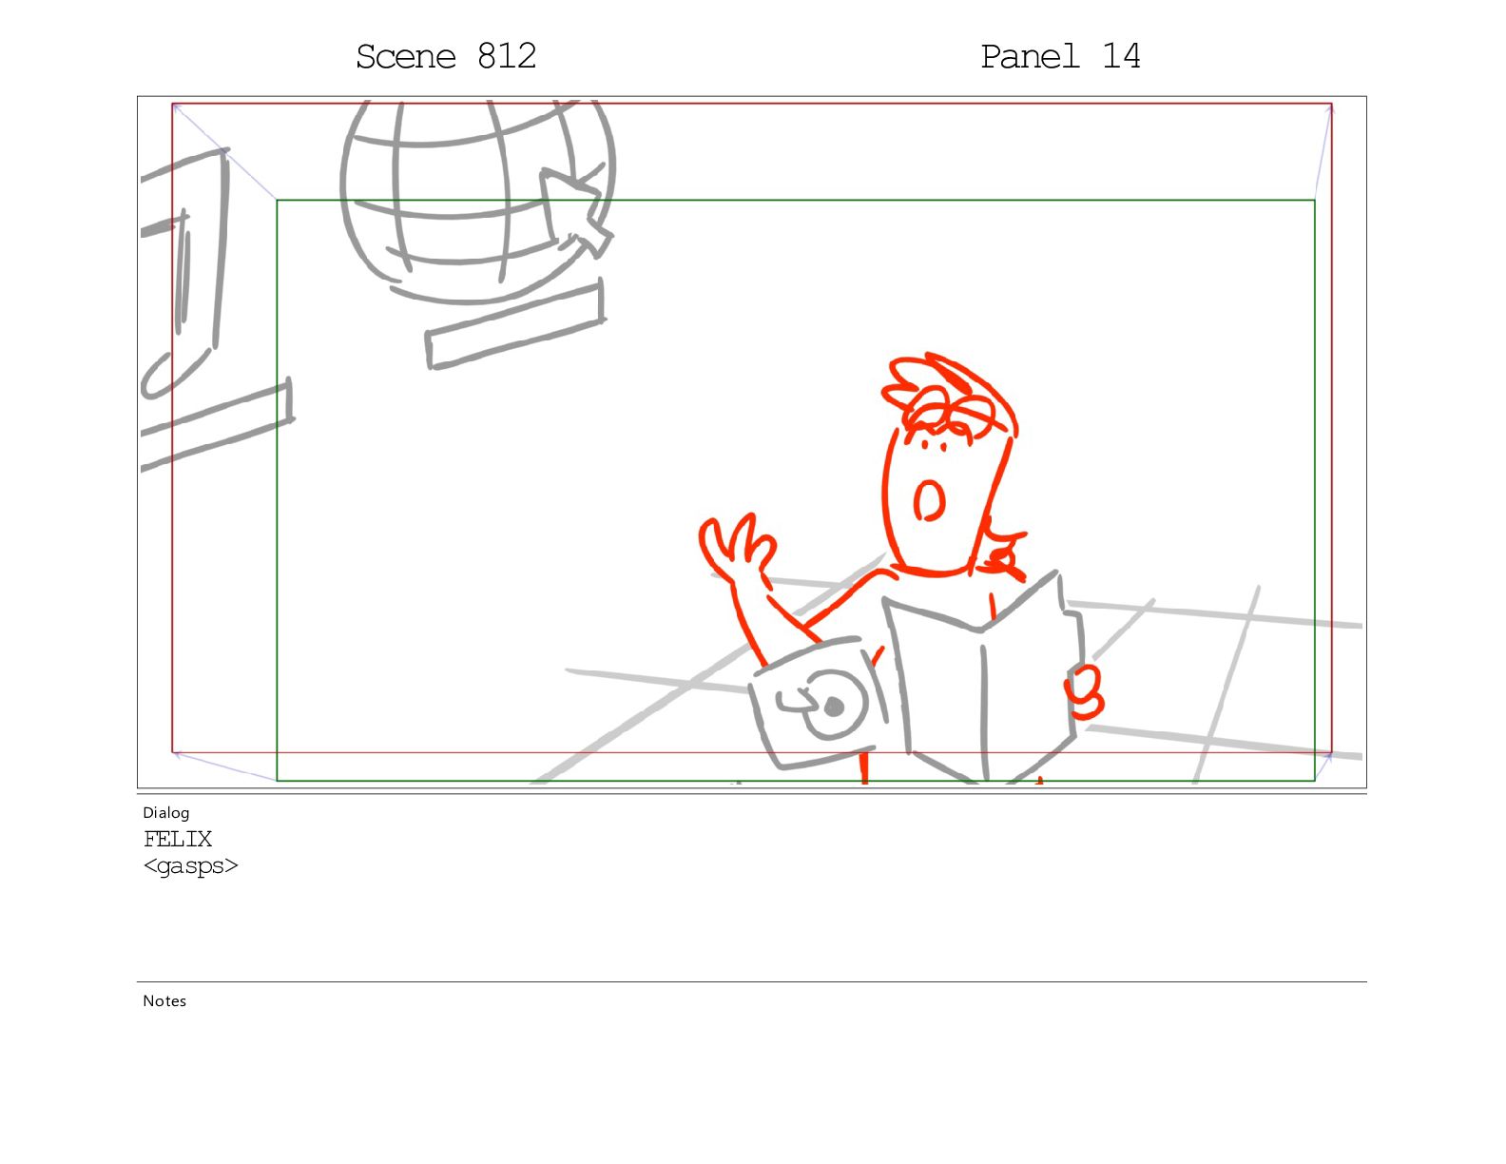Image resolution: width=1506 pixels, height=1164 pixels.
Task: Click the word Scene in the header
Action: coord(406,56)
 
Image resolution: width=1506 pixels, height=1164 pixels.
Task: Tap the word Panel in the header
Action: coord(1030,56)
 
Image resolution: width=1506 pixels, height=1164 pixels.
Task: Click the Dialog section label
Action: coord(165,813)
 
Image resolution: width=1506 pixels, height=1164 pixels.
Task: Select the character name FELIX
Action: coord(178,840)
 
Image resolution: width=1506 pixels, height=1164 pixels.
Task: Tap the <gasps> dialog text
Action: coord(190,866)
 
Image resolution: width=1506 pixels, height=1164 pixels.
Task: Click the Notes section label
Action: coord(164,1001)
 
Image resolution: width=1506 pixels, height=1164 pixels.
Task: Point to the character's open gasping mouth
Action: coord(929,501)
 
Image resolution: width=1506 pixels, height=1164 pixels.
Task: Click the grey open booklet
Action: coord(983,679)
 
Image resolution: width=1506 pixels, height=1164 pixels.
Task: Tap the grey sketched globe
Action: coord(477,201)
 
